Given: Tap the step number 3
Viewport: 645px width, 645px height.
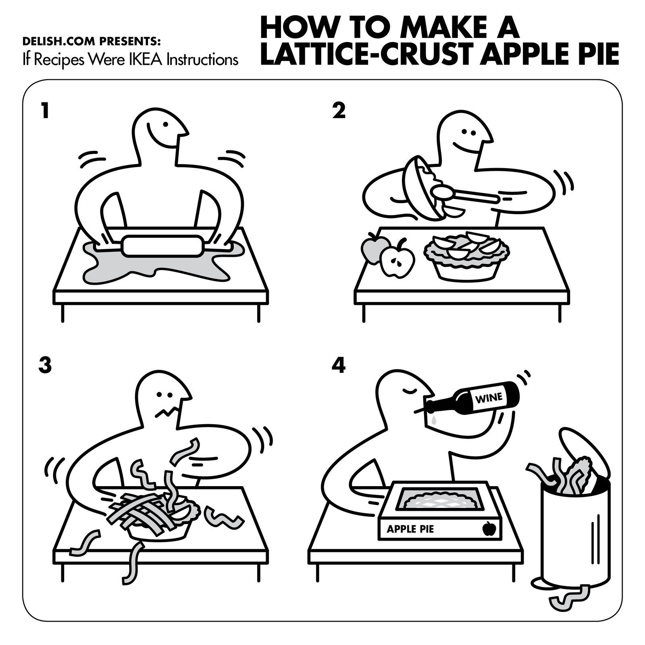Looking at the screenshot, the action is (45, 365).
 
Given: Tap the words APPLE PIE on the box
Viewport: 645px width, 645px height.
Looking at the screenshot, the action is (410, 528).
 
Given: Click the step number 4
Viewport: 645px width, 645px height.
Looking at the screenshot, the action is (339, 365).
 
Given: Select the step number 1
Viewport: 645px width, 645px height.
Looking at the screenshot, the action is (45, 111).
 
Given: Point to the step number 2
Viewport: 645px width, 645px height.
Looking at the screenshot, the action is (339, 111).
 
